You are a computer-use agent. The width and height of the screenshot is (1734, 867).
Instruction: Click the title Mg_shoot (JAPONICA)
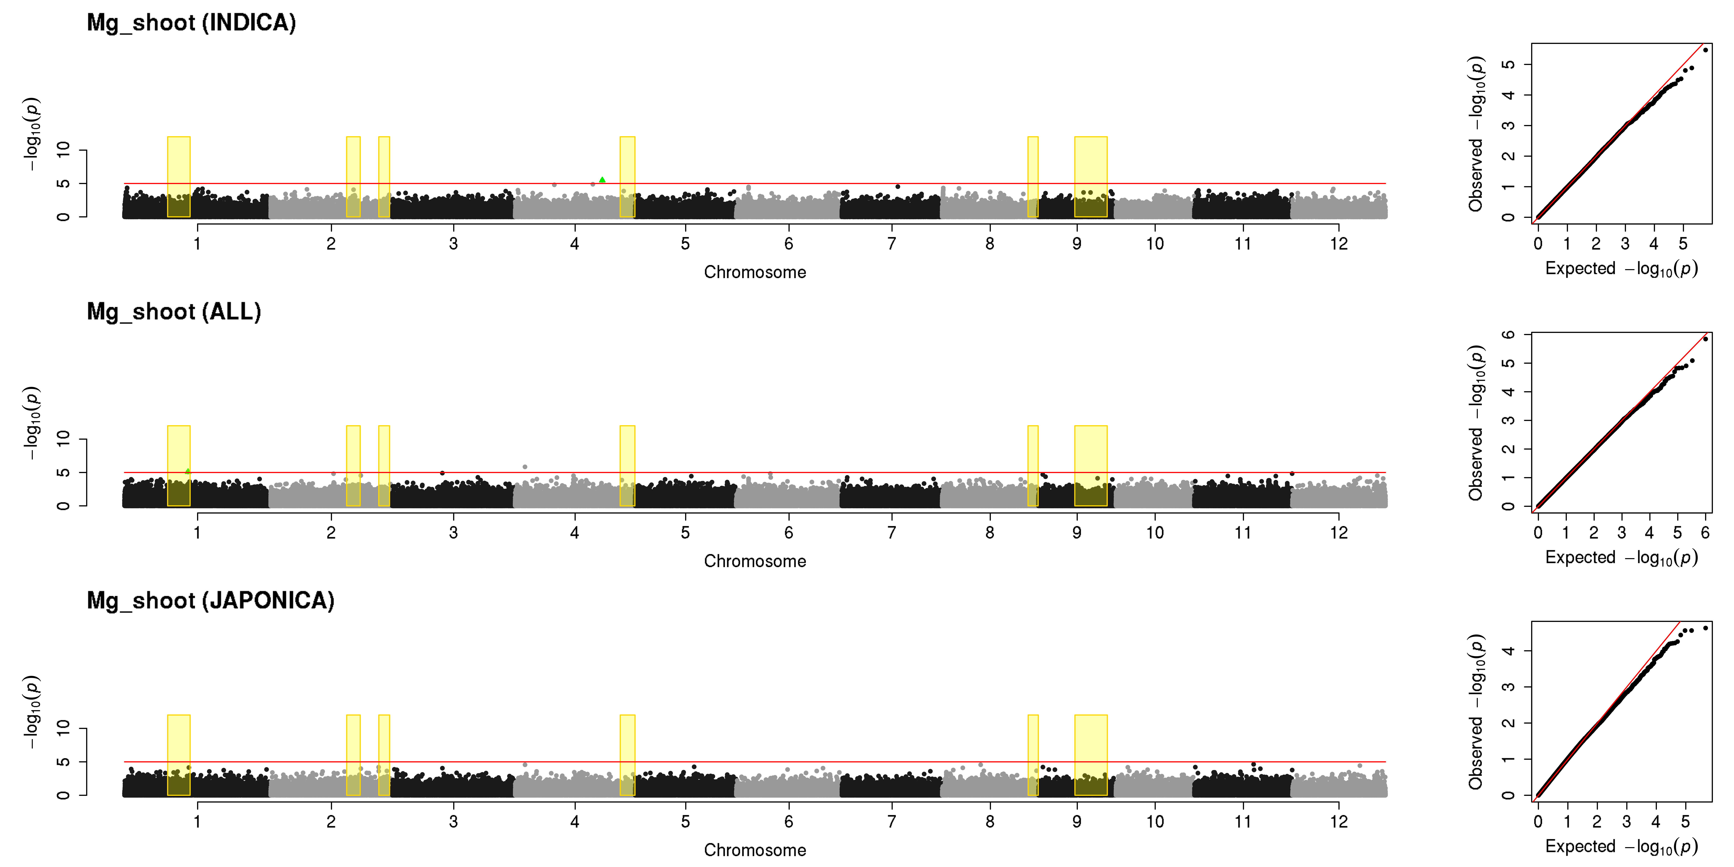[x=211, y=600]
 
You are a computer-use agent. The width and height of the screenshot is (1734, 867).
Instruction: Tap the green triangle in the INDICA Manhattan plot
[x=602, y=180]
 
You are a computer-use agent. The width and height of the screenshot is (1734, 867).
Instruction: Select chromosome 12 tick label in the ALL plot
[x=1339, y=532]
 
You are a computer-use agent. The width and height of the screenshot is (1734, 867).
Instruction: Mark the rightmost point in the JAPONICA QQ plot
[x=1705, y=628]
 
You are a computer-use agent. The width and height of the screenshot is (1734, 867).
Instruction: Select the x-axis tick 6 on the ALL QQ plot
[x=1705, y=532]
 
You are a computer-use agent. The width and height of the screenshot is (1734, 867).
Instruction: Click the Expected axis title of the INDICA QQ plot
[x=1621, y=269]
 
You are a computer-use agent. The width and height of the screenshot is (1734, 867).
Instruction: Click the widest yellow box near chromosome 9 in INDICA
[x=1090, y=177]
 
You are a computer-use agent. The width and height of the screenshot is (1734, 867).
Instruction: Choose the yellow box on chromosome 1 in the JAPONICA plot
[x=178, y=755]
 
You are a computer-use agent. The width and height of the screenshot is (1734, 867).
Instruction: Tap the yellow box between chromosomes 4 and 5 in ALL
[x=627, y=466]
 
